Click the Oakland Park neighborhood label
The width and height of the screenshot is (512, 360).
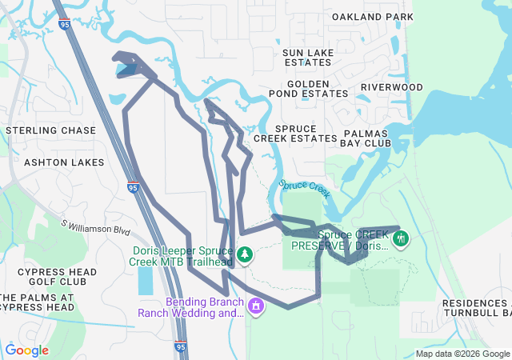[x=372, y=17]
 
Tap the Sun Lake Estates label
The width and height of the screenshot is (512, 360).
[x=308, y=58]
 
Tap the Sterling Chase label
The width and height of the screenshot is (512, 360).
[x=50, y=130]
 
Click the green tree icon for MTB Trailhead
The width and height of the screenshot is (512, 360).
[x=244, y=255]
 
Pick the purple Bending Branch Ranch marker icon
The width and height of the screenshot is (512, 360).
[x=255, y=305]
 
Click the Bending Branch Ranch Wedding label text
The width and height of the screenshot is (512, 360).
[x=202, y=308]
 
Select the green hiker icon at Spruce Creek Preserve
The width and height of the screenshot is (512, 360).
[x=401, y=238]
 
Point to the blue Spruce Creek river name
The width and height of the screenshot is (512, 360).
[x=305, y=189]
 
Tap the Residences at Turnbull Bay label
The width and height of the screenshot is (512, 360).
[x=477, y=308]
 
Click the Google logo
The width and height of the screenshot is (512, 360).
[x=26, y=350]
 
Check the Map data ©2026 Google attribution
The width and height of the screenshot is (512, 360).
[x=462, y=354]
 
